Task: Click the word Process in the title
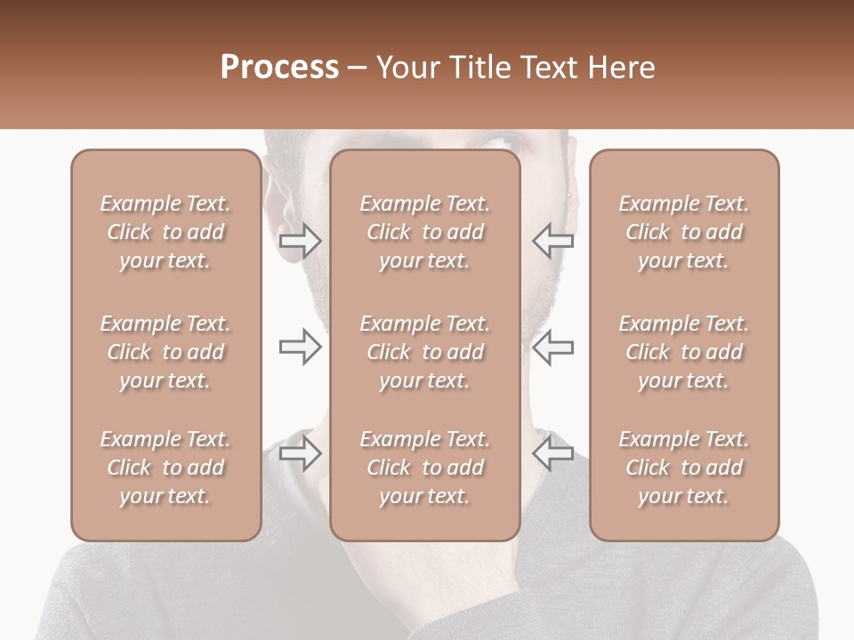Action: point(279,68)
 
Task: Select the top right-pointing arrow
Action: point(300,240)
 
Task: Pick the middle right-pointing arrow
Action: point(300,347)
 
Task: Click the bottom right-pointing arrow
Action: point(300,452)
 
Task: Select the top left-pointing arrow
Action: point(552,240)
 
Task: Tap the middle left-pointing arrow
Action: point(552,347)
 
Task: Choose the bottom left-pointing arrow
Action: point(552,452)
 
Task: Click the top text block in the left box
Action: point(165,232)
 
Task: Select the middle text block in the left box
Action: point(165,352)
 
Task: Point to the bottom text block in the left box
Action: point(165,468)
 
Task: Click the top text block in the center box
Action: point(424,232)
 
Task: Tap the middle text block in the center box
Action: point(424,352)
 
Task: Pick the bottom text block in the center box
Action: point(424,468)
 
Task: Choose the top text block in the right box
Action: point(684,232)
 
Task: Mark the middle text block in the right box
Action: point(684,352)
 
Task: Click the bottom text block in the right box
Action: point(684,468)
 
